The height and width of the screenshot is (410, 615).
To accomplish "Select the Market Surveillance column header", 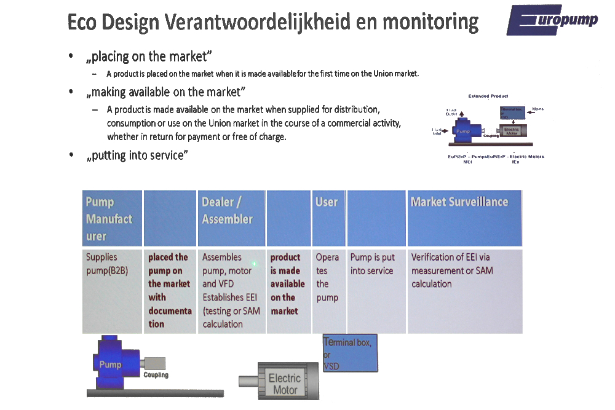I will (x=464, y=218).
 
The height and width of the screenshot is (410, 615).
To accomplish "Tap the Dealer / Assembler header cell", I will (x=232, y=218).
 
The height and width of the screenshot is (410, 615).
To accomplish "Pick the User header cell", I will (x=328, y=218).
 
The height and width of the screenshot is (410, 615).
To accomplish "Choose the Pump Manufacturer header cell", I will (x=113, y=218).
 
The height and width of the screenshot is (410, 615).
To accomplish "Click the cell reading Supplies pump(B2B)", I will (x=113, y=291).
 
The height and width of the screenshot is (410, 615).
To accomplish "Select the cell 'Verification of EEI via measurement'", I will (x=464, y=291).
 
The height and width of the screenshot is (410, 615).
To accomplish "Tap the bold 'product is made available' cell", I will (x=288, y=291).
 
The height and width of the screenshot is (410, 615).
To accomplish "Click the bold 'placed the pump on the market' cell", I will (x=170, y=291).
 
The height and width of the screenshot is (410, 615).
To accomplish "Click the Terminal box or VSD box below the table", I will (x=349, y=353).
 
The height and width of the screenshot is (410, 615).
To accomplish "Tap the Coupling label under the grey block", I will (x=156, y=374).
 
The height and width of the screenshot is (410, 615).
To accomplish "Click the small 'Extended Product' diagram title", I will (x=488, y=96).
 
